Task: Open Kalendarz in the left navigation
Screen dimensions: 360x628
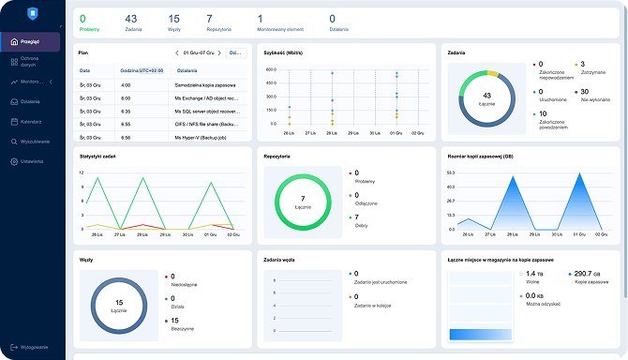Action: click(30, 122)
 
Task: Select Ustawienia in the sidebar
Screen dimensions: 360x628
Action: click(32, 161)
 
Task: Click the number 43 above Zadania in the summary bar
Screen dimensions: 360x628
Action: click(130, 18)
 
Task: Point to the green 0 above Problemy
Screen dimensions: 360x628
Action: click(82, 18)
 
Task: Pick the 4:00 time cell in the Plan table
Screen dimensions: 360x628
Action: click(126, 84)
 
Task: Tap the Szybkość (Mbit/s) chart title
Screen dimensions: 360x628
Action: click(286, 52)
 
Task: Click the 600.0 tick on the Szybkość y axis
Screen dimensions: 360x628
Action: click(270, 69)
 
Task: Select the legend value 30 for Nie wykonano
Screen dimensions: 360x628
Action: click(585, 92)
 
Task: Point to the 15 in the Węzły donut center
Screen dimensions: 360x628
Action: click(119, 303)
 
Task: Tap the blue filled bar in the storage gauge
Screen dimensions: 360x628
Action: click(478, 334)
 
